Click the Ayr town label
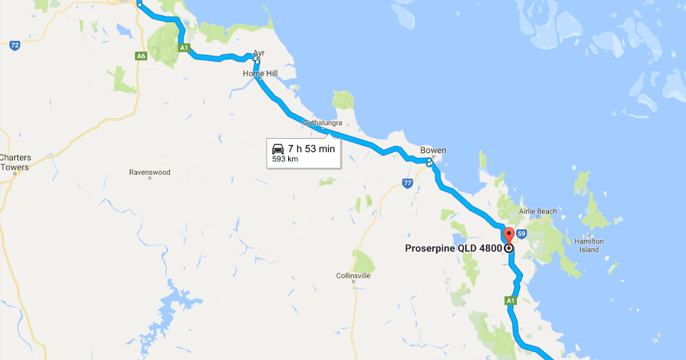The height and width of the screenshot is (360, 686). (x=258, y=53)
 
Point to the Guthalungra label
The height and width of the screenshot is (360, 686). (x=322, y=123)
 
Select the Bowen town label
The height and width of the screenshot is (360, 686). (x=433, y=151)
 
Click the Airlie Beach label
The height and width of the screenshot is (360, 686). (x=537, y=211)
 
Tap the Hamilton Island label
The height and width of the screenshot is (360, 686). (x=589, y=246)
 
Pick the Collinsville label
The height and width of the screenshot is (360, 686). (x=353, y=276)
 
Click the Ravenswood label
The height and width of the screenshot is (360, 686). (x=150, y=172)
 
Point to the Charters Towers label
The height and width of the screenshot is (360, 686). (x=15, y=162)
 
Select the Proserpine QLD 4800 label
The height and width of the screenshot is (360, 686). (x=453, y=249)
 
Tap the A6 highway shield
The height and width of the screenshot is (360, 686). (x=141, y=56)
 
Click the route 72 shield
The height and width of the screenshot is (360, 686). (x=15, y=45)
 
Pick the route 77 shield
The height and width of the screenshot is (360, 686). (x=407, y=183)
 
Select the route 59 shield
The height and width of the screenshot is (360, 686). (x=521, y=234)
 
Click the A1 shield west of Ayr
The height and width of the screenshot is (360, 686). (x=184, y=49)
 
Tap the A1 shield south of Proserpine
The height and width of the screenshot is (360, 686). (x=510, y=300)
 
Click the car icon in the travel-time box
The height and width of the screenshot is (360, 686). (x=278, y=149)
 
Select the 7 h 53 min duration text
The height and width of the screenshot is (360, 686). (x=311, y=149)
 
